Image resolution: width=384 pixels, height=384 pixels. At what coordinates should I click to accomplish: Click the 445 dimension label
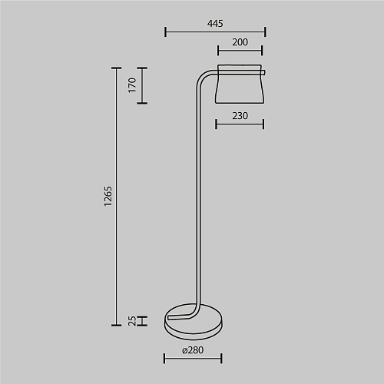pos(215,24)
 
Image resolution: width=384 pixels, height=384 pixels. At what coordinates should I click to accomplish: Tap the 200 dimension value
pos(240,42)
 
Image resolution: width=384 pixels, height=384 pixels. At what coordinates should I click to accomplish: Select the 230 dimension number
pos(240,116)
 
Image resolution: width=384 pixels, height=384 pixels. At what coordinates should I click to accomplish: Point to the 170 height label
pos(132,85)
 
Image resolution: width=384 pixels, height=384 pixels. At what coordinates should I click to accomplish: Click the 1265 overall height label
pos(108,197)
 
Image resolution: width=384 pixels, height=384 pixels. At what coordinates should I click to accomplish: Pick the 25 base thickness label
pos(132,321)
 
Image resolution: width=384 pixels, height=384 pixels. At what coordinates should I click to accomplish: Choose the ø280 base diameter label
pos(193,350)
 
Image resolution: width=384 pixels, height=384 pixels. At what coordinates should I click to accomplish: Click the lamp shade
pos(240,84)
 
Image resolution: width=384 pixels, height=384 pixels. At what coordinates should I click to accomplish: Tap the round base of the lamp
pos(194,322)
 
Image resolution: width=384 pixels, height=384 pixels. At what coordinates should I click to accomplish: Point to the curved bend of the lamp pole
pos(202,77)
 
